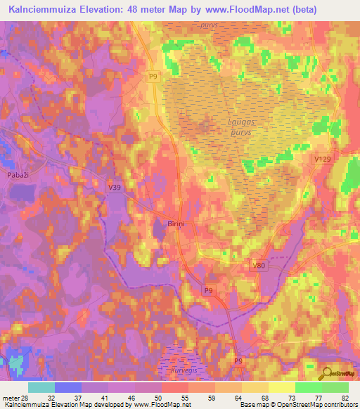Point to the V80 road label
(x=259, y=265)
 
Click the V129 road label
(x=322, y=160)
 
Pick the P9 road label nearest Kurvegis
(x=238, y=361)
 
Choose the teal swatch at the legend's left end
(x=41, y=387)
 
